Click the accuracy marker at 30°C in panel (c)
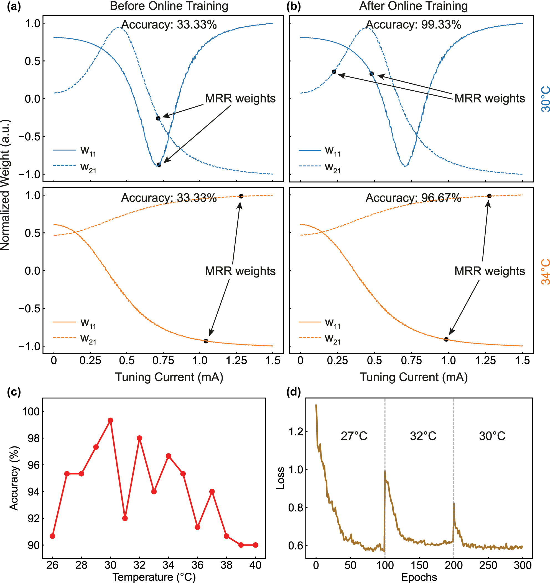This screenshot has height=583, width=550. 110,420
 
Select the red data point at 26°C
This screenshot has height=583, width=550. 53,536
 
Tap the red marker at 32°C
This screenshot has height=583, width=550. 139,438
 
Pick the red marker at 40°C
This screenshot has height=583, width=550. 255,545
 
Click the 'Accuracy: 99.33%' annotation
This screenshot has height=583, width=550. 413,25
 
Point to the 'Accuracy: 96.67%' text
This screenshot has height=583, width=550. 413,198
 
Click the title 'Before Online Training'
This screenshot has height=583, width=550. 169,6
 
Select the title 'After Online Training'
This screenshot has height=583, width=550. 413,6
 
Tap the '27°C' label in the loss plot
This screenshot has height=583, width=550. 354,436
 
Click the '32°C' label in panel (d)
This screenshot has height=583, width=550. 423,436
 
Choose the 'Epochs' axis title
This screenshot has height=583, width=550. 419,577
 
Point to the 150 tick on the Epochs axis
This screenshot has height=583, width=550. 419,565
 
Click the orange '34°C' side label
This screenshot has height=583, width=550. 545,271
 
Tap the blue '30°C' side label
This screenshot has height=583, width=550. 545,99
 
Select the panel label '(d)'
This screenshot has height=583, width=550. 294,392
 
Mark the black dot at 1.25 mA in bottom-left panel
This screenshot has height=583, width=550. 241,196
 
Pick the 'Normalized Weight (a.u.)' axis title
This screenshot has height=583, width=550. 5,185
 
